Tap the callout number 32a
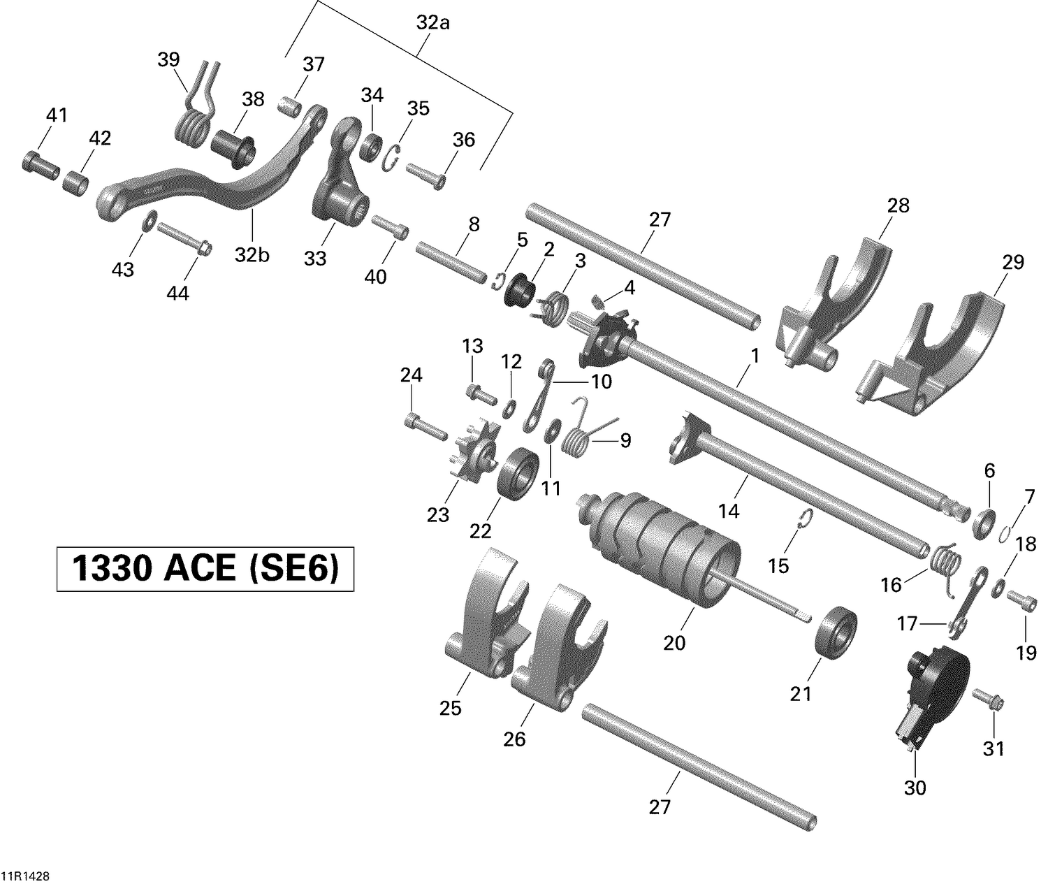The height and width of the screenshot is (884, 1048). click(x=433, y=22)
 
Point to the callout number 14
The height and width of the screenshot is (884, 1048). click(x=729, y=512)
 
